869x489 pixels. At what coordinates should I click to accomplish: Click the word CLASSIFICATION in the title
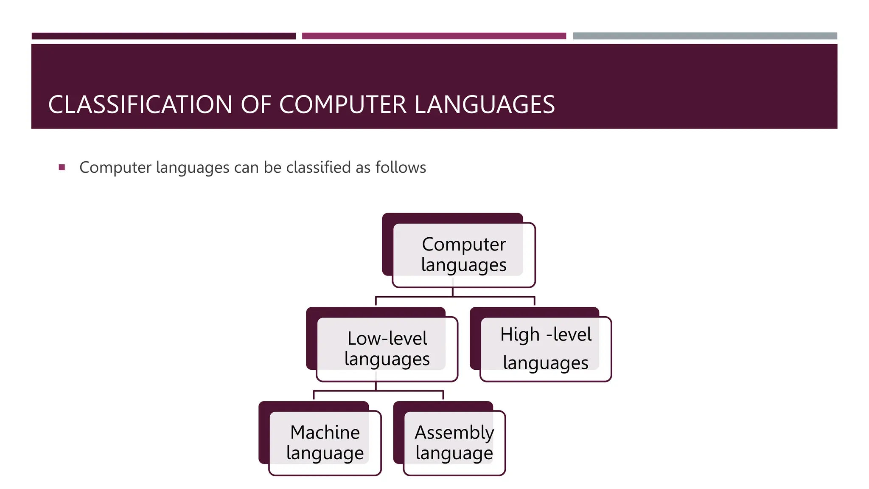pyautogui.click(x=140, y=104)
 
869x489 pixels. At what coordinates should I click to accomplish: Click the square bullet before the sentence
pyautogui.click(x=62, y=167)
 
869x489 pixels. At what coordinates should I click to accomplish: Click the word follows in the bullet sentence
pyautogui.click(x=401, y=167)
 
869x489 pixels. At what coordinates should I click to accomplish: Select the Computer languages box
pyautogui.click(x=463, y=255)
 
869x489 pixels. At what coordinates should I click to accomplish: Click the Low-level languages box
pyautogui.click(x=387, y=349)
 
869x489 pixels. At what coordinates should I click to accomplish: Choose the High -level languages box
pyautogui.click(x=545, y=349)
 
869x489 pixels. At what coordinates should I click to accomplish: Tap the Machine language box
pyautogui.click(x=325, y=443)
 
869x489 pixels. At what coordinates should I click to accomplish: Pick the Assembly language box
pyautogui.click(x=454, y=443)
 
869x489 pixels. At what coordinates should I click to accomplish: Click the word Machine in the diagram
pyautogui.click(x=325, y=433)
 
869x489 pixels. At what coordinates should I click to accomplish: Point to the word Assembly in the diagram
pyautogui.click(x=454, y=433)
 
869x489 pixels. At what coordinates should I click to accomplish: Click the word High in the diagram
pyautogui.click(x=520, y=335)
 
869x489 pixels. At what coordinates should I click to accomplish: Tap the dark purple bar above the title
pyautogui.click(x=163, y=36)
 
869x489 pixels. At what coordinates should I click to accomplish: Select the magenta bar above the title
pyautogui.click(x=434, y=36)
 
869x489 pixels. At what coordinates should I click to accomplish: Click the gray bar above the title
pyautogui.click(x=705, y=36)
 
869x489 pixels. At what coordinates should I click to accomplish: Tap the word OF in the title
pyautogui.click(x=256, y=104)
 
